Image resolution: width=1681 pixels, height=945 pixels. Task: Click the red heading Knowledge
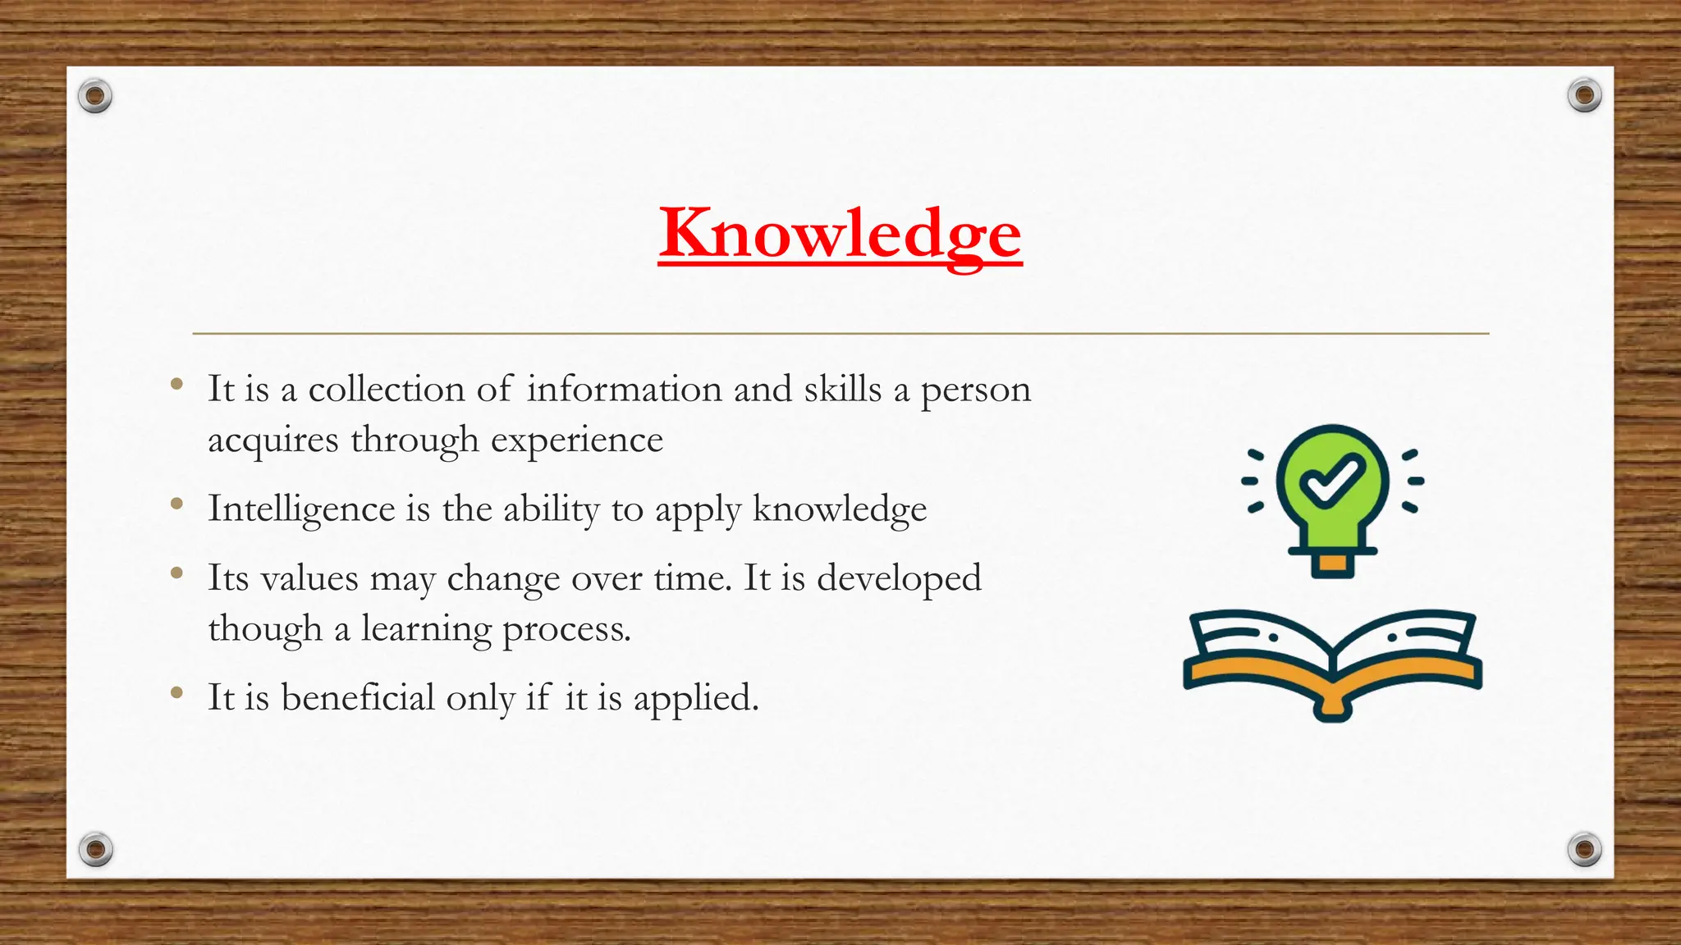pos(840,234)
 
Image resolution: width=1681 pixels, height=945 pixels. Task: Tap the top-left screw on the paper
pos(95,97)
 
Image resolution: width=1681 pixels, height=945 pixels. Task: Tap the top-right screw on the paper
pos(1584,96)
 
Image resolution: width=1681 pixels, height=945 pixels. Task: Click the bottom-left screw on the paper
pos(95,849)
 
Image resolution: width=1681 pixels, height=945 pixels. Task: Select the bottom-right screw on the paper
pos(1584,849)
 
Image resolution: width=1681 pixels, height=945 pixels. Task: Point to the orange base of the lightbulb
pos(1332,564)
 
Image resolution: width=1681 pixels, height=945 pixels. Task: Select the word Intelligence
pos(301,509)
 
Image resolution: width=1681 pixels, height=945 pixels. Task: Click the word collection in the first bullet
pos(386,389)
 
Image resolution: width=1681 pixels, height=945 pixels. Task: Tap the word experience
pos(576,441)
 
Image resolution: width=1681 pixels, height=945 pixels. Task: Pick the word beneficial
pos(358,698)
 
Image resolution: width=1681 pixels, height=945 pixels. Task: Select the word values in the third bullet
pos(309,578)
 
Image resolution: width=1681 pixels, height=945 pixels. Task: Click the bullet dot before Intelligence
pos(176,504)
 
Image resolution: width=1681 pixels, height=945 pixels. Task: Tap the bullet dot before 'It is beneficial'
pos(176,694)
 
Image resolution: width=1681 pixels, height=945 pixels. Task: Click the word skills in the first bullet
pos(842,389)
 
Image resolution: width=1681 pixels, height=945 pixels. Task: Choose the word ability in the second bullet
pos(552,509)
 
